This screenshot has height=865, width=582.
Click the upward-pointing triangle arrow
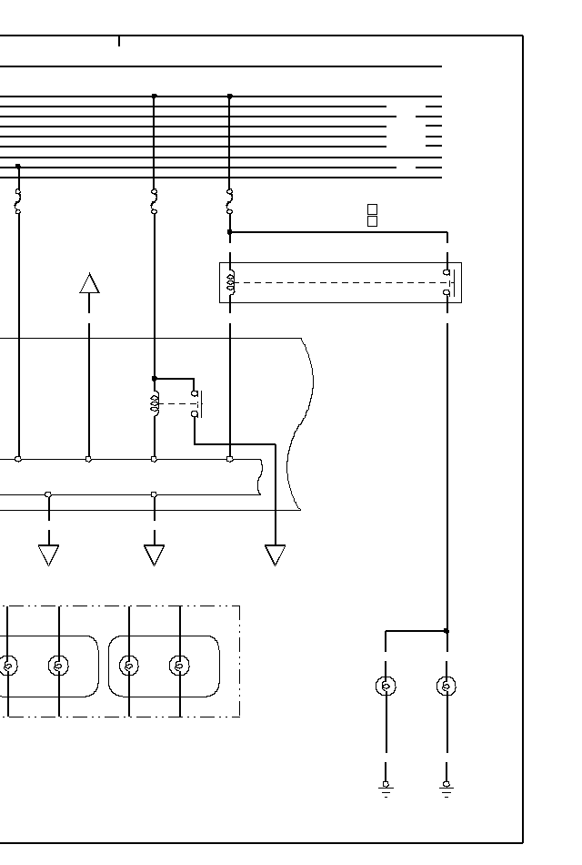tap(89, 283)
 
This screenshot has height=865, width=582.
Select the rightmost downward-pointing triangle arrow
tap(275, 555)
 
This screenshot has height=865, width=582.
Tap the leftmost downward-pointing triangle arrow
tap(48, 555)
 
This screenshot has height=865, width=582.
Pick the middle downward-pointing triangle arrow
tap(154, 555)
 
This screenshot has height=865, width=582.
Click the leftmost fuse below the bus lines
tap(17, 202)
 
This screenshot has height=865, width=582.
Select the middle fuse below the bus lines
tap(154, 201)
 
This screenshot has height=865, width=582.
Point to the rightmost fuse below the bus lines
tap(229, 201)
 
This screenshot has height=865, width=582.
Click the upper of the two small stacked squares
tap(372, 209)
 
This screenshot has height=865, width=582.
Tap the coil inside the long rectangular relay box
tap(231, 282)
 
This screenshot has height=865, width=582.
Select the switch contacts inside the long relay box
tap(447, 282)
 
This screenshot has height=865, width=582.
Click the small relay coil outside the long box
tap(155, 402)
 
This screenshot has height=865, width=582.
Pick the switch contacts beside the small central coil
tap(196, 403)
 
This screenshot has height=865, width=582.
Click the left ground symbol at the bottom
tap(386, 788)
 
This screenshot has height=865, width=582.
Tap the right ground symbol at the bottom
tap(447, 788)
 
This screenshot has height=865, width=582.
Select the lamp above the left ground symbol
tap(386, 686)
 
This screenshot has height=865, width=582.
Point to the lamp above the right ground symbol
tap(447, 686)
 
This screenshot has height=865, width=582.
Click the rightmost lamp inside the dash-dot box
tap(180, 666)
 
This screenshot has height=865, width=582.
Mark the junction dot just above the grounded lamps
tap(447, 630)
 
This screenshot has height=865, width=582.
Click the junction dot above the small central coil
tap(155, 378)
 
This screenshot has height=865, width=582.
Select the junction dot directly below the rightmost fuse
tap(229, 232)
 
